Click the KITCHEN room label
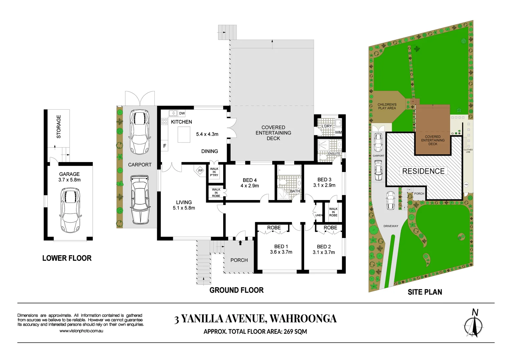click(181, 122)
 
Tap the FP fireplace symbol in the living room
click(200, 171)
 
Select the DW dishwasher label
click(182, 113)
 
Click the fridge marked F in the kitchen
click(164, 146)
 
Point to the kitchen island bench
click(184, 135)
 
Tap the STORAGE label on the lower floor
click(59, 127)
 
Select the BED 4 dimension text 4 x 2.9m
click(249, 186)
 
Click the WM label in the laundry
click(338, 132)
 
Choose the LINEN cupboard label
click(319, 215)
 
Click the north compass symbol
click(473, 325)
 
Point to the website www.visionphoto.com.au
click(81, 331)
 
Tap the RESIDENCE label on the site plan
click(423, 171)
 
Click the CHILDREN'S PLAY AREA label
click(387, 106)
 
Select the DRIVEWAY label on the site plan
click(391, 226)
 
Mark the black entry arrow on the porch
click(240, 243)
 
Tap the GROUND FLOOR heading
click(236, 290)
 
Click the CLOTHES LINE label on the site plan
click(468, 151)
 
